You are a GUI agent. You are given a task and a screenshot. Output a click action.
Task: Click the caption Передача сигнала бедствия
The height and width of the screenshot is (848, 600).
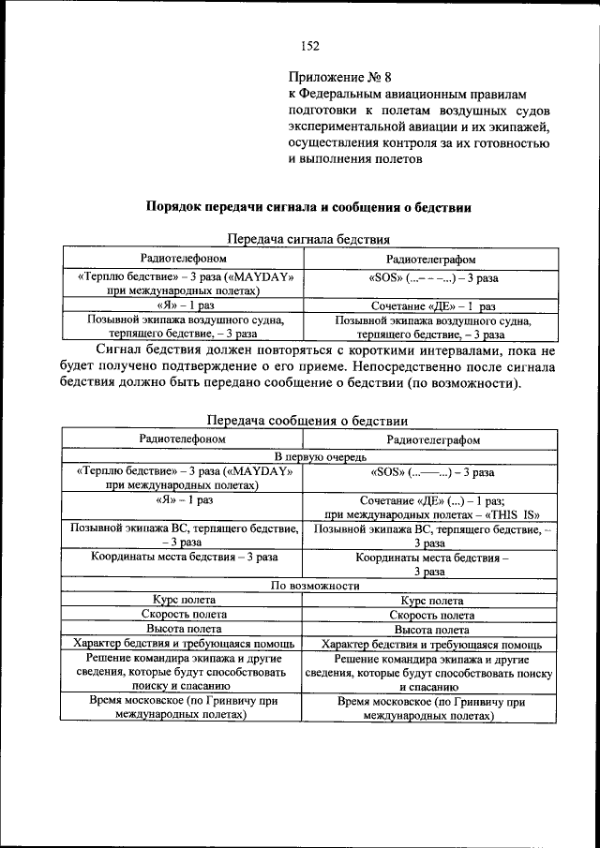pyautogui.click(x=308, y=239)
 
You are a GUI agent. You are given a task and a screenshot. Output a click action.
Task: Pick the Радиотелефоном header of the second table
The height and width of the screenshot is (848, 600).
pyautogui.click(x=183, y=439)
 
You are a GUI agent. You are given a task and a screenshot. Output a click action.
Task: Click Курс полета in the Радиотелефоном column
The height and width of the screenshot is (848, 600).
pyautogui.click(x=185, y=600)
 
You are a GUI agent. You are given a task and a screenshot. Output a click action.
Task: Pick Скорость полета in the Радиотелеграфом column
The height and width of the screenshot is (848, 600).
pyautogui.click(x=432, y=616)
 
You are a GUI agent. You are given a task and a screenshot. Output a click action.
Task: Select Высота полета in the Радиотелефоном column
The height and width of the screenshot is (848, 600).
pyautogui.click(x=184, y=630)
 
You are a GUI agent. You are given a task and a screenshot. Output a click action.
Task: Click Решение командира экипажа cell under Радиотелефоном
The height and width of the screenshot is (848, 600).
pyautogui.click(x=183, y=673)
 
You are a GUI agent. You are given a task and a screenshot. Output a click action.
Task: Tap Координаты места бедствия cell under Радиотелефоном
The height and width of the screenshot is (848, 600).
pyautogui.click(x=184, y=557)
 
